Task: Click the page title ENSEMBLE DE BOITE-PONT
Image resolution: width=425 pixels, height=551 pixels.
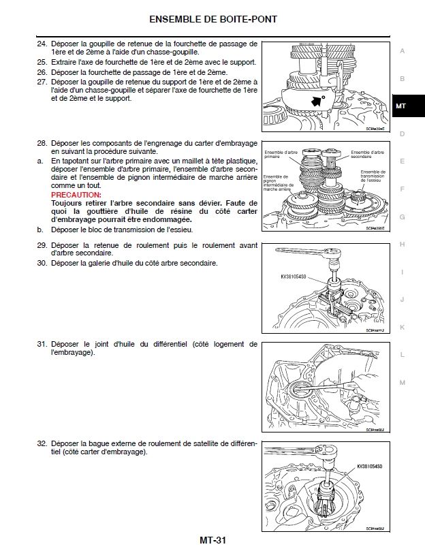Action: (x=212, y=19)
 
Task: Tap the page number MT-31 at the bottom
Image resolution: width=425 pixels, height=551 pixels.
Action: (x=212, y=541)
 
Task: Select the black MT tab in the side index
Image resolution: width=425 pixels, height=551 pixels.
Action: (x=401, y=106)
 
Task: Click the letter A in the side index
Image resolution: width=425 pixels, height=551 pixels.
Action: (x=402, y=51)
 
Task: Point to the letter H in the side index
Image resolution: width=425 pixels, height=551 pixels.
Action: (x=402, y=244)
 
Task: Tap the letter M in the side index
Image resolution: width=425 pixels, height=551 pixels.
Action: (x=402, y=382)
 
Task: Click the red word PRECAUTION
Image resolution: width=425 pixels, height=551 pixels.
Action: (x=76, y=195)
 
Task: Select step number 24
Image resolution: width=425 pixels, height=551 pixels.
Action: (x=42, y=44)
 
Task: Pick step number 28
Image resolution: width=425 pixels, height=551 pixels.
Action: (x=42, y=144)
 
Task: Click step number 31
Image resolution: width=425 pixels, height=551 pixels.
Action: (x=42, y=345)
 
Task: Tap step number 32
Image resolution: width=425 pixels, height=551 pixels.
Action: (x=42, y=443)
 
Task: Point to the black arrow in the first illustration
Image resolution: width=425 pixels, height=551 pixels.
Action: (x=315, y=100)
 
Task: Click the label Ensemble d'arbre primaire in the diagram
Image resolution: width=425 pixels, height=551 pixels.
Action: (x=277, y=154)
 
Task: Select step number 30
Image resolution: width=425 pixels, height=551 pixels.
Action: (x=42, y=263)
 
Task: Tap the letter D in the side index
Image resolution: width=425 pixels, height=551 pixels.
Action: (x=402, y=133)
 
